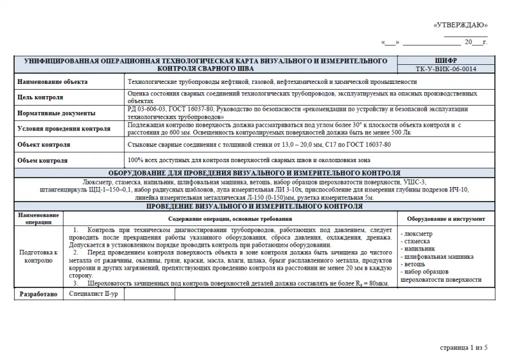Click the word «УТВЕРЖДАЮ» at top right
click(460, 25)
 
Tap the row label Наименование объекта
click(53, 82)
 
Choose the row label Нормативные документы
click(57, 113)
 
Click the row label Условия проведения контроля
click(64, 128)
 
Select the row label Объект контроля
click(44, 144)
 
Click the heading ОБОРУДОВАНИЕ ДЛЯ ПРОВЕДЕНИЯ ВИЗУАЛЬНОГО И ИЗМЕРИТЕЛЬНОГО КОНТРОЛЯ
click(254, 173)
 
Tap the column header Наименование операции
click(39, 218)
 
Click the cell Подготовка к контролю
click(39, 256)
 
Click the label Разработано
click(38, 294)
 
